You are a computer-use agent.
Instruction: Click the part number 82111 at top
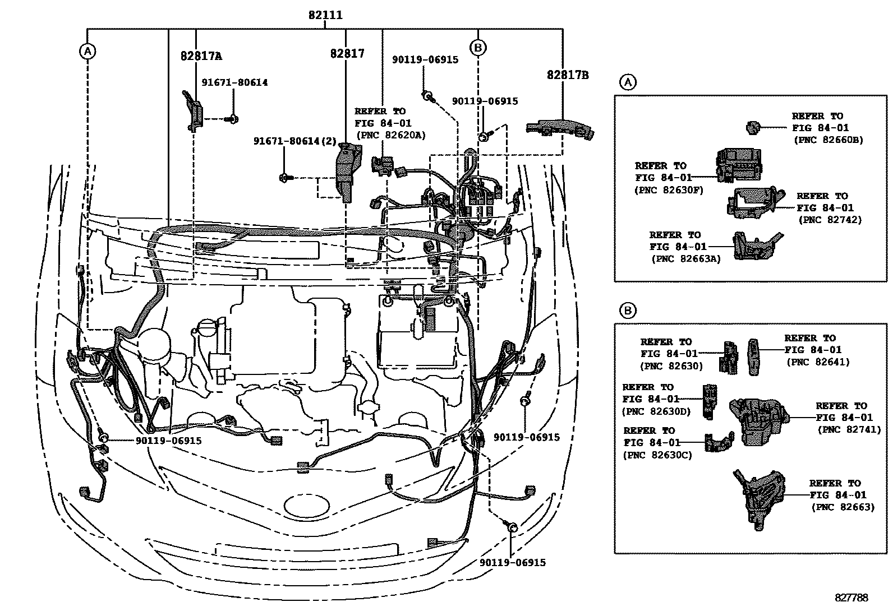[x=325, y=16]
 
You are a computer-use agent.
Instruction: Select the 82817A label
[x=201, y=56]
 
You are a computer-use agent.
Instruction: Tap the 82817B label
[x=568, y=75]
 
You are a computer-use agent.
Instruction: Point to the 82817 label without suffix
[x=347, y=54]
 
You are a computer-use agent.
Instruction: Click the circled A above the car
[x=88, y=52]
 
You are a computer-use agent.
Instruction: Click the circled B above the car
[x=478, y=48]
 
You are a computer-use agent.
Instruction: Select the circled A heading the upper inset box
[x=628, y=82]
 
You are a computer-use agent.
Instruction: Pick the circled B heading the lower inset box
[x=628, y=311]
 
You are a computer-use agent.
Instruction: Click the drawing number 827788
[x=850, y=598]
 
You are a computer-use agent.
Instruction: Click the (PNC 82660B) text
[x=828, y=140]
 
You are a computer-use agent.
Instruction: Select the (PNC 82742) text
[x=830, y=220]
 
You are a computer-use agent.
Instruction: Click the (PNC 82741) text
[x=849, y=429]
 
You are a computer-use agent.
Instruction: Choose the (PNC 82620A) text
[x=390, y=135]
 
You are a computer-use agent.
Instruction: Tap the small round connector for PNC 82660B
[x=753, y=128]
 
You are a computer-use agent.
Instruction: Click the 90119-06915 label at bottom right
[x=513, y=562]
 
